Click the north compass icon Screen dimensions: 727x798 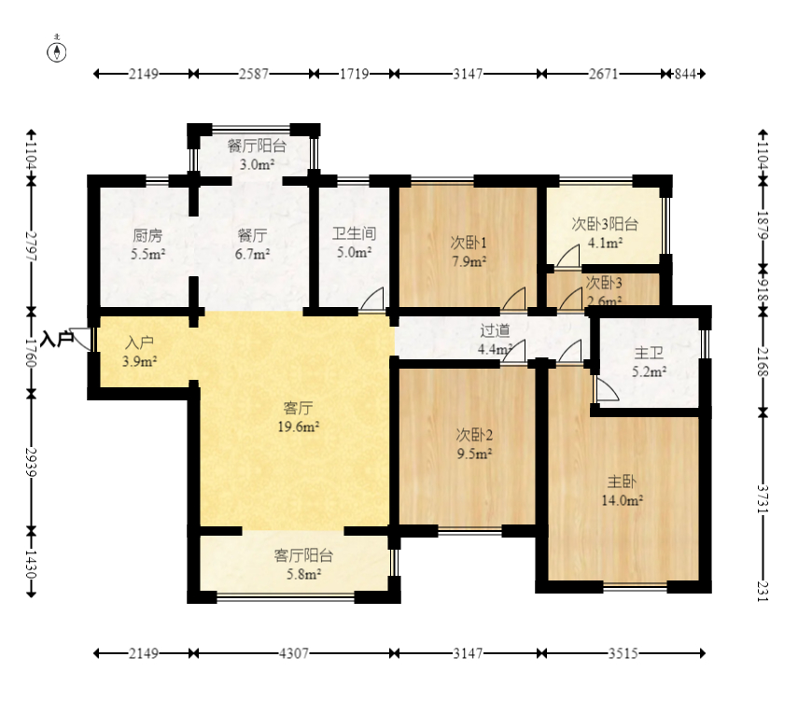click(58, 51)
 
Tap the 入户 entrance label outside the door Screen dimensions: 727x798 click(57, 338)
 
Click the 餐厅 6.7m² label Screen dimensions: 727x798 click(252, 244)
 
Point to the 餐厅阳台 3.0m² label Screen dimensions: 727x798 click(256, 155)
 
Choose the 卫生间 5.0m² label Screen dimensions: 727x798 click(354, 244)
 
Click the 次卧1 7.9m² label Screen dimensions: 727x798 click(469, 252)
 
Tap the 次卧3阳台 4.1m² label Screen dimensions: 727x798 click(605, 233)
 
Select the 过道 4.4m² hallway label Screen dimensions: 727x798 click(495, 340)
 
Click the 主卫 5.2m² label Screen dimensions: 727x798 click(649, 362)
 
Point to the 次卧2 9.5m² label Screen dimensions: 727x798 click(473, 444)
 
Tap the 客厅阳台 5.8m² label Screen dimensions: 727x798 click(303, 565)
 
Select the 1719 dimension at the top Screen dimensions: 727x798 click(351, 74)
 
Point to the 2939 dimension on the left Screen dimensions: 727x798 click(32, 460)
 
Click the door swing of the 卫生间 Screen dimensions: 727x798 click(371, 299)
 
